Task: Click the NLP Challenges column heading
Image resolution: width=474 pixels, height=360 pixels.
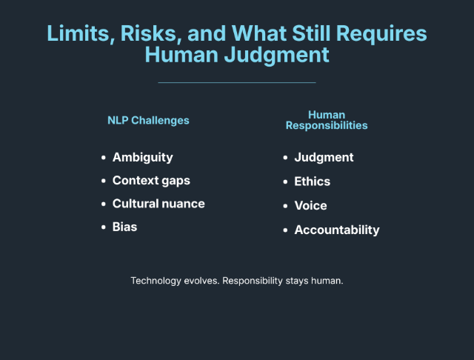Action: click(x=148, y=120)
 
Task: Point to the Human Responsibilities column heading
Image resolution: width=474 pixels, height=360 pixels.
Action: click(x=327, y=120)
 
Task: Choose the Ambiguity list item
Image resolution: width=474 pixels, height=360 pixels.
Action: click(x=142, y=157)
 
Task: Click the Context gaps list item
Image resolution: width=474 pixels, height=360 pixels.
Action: click(x=151, y=181)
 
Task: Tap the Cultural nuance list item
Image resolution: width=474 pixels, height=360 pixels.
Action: click(x=158, y=204)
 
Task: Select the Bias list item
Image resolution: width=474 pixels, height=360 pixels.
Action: click(x=124, y=227)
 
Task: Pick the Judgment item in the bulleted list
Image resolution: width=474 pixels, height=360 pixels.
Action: click(x=324, y=157)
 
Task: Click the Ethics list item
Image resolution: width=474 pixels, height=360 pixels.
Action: click(x=312, y=181)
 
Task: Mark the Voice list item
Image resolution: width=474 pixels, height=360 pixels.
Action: click(x=310, y=205)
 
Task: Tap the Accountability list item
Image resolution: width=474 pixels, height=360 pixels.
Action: click(x=336, y=230)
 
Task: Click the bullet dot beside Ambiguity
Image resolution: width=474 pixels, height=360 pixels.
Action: click(x=104, y=158)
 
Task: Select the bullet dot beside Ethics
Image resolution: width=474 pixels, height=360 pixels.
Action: click(x=286, y=181)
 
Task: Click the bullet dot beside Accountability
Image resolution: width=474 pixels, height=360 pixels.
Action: click(x=286, y=230)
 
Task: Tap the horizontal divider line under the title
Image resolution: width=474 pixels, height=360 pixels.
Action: click(x=237, y=82)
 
